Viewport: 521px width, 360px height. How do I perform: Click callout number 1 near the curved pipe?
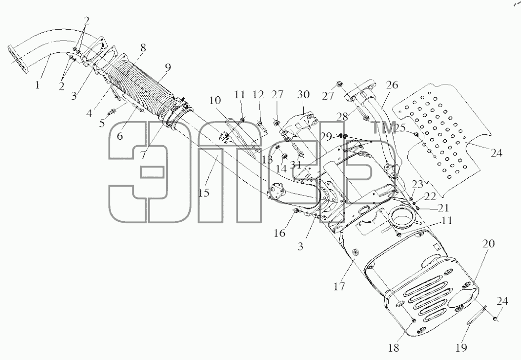pyautogui.click(x=38, y=85)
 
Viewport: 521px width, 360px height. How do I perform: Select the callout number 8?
pyautogui.click(x=143, y=48)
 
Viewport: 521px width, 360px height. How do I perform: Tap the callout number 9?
pyautogui.click(x=168, y=68)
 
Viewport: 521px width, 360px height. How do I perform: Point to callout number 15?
pyautogui.click(x=204, y=193)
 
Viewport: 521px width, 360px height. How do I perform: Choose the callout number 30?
pyautogui.click(x=304, y=95)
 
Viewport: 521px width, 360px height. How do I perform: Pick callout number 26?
pyautogui.click(x=392, y=85)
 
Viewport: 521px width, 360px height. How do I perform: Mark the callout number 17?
pyautogui.click(x=339, y=286)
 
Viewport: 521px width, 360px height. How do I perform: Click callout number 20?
pyautogui.click(x=488, y=243)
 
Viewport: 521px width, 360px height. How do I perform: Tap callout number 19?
pyautogui.click(x=461, y=348)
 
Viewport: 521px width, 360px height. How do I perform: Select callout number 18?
pyautogui.click(x=393, y=348)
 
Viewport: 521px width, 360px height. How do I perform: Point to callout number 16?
pyautogui.click(x=280, y=233)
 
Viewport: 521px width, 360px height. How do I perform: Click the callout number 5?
pyautogui.click(x=102, y=123)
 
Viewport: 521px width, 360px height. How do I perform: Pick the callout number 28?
pyautogui.click(x=342, y=117)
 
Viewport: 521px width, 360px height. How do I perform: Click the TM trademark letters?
pyautogui.click(x=384, y=127)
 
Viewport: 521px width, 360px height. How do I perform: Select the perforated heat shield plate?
pyautogui.click(x=442, y=136)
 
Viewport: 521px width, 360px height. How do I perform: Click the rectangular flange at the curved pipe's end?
pyautogui.click(x=17, y=60)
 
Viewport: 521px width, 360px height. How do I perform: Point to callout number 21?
pyautogui.click(x=443, y=208)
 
